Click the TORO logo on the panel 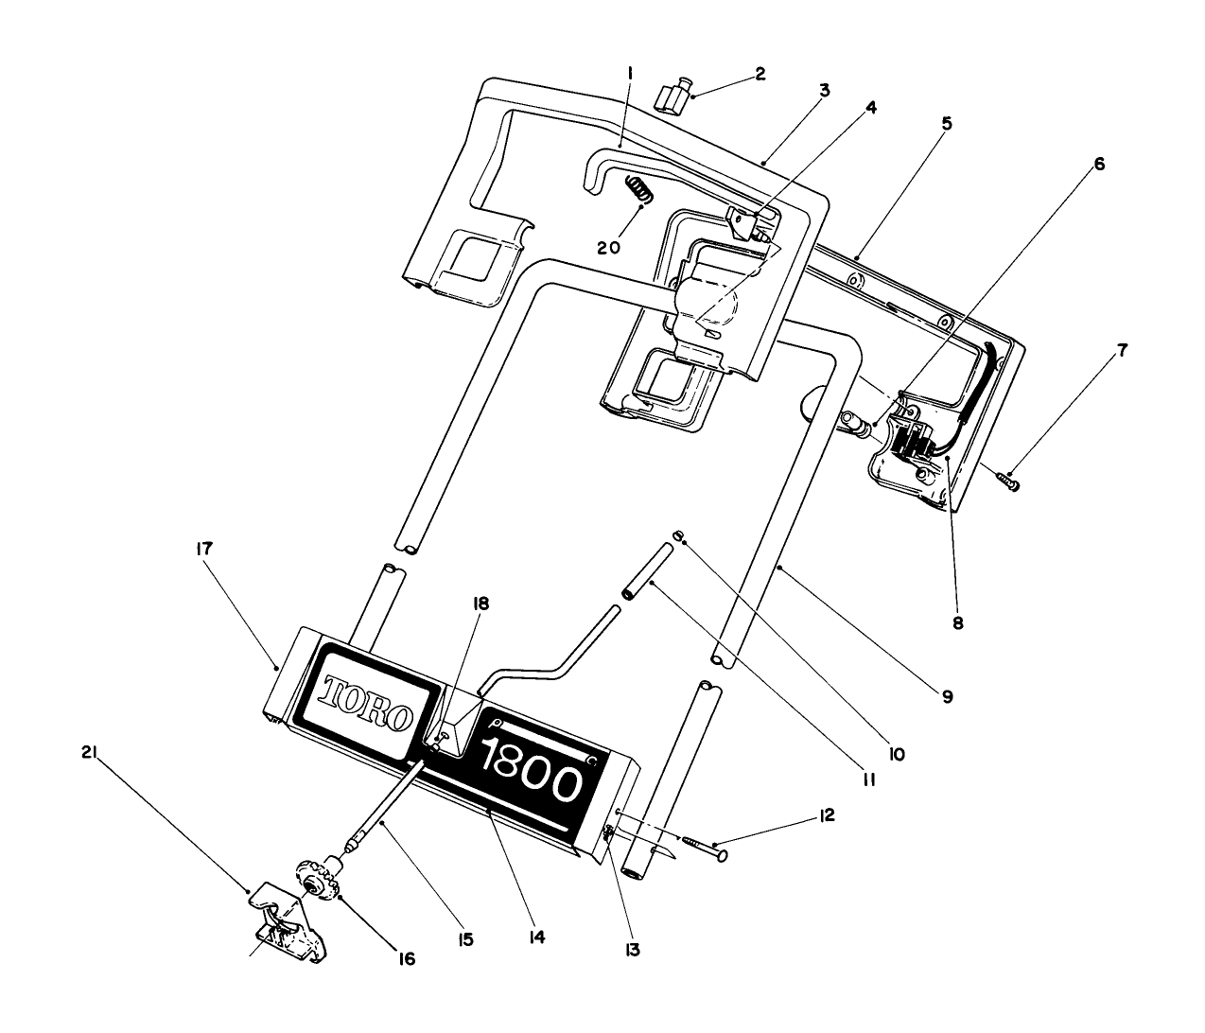point(368,704)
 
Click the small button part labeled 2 point(672,97)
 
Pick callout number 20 point(608,248)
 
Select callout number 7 point(1123,351)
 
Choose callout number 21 point(89,753)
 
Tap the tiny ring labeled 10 point(677,536)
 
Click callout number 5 point(946,124)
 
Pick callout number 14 point(536,937)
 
